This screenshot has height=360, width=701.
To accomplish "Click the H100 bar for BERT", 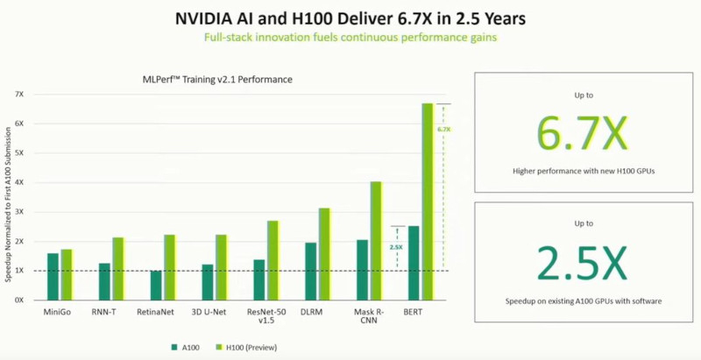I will pos(428,201).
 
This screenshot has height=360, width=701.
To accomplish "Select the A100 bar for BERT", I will pos(414,263).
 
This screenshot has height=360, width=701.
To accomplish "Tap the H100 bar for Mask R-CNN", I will pos(376,240).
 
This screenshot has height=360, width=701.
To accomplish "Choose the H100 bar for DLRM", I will pos(324,253).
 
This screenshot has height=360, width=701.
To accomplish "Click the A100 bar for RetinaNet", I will pos(156,285).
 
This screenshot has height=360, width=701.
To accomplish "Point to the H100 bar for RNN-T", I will pos(117,268).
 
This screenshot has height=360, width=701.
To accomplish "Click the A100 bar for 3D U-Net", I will pos(208,282).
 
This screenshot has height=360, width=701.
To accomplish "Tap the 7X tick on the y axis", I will pos(19,94).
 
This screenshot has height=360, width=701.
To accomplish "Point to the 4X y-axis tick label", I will pos(19,182).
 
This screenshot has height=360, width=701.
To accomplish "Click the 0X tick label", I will pos(19,300).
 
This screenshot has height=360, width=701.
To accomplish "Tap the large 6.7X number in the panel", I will pos(582,131).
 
